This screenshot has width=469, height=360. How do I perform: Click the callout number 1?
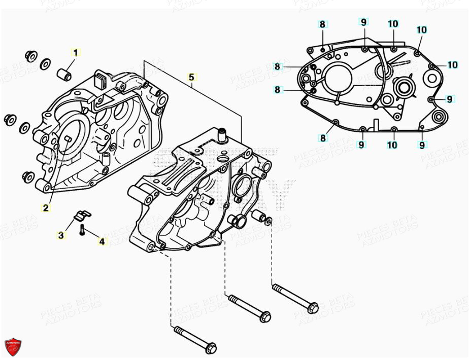pos(76,52)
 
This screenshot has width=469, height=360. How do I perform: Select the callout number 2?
pos(46,207)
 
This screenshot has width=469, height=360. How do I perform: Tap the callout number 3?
pos(61,235)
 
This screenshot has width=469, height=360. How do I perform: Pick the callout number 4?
pos(102,242)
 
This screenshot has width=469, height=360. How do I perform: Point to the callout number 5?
pos(191,77)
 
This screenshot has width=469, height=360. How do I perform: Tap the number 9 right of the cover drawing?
pos(449,99)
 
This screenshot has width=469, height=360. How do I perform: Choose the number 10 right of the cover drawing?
pos(453,65)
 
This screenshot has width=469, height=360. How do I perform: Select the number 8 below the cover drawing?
pos(323,138)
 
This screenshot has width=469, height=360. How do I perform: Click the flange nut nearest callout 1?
pos(31,55)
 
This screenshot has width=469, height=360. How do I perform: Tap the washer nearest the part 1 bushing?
pos(45,63)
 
